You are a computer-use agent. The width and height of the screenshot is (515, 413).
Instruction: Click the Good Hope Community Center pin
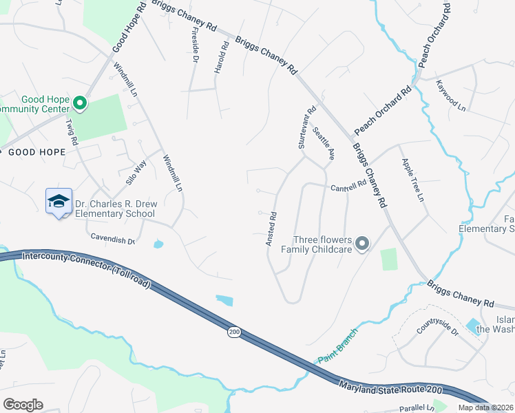pos(80,104)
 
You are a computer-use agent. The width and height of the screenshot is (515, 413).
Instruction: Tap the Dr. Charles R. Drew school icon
pos(59,202)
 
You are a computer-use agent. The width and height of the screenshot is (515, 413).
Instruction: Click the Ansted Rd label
pos(271,229)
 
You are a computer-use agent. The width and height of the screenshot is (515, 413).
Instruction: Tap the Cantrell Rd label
pos(348,187)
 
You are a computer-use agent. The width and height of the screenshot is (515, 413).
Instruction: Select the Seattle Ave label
pos(323,143)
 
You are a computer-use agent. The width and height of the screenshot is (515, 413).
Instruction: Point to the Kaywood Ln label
pos(451,96)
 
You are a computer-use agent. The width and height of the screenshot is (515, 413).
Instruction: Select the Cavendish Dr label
pos(112,238)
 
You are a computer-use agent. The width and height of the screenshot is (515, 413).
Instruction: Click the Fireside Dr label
pos(194,46)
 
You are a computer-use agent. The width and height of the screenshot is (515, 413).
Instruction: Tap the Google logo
pos(23,405)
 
